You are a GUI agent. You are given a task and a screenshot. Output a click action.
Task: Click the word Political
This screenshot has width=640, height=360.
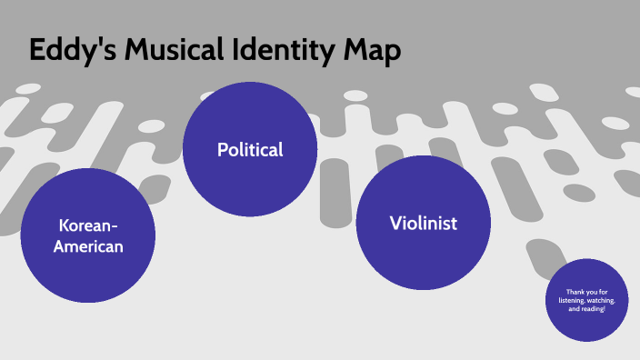click(250, 150)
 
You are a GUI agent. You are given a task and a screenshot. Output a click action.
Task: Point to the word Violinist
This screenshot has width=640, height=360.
click(423, 223)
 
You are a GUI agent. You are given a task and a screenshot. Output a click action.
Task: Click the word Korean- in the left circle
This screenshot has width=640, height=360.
click(88, 225)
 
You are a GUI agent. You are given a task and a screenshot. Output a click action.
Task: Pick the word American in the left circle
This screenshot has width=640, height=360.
click(88, 246)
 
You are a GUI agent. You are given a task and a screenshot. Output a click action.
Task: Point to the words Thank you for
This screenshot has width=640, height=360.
click(586, 291)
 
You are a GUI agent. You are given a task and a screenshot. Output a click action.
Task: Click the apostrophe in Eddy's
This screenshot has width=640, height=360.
click(94, 43)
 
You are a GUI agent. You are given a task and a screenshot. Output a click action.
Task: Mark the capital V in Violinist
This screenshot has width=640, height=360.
click(395, 223)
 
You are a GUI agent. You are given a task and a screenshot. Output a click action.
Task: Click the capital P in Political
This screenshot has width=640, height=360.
click(222, 150)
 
